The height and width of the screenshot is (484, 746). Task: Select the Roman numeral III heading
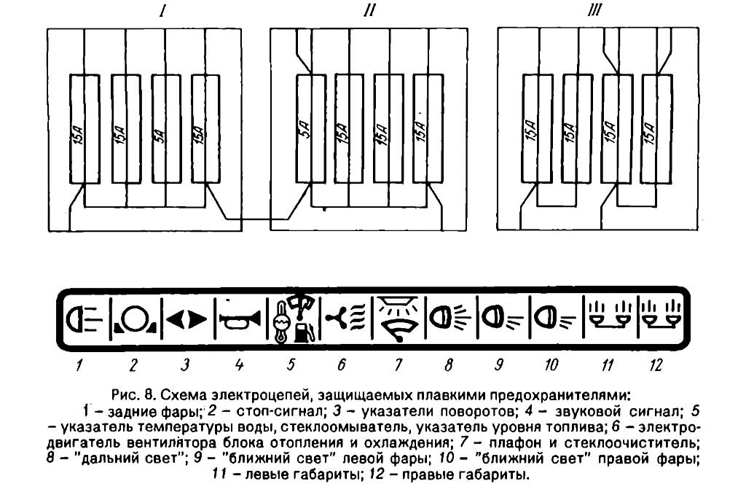pos(594,10)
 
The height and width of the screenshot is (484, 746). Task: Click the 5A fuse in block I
pos(165,129)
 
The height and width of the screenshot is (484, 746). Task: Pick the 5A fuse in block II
pos(310,128)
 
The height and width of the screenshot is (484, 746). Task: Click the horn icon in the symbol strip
pos(240,319)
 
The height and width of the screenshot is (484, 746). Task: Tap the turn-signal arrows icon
pos(187,319)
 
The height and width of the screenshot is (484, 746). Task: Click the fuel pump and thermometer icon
pos(294,319)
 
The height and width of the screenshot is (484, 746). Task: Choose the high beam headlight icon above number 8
pos(449,317)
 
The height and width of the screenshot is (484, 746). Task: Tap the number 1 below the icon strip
pos(79,365)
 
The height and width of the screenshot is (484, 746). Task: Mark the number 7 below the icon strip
pos(398,365)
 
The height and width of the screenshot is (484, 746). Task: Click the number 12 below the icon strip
pos(656,365)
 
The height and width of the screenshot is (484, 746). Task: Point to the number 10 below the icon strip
pos(551,365)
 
